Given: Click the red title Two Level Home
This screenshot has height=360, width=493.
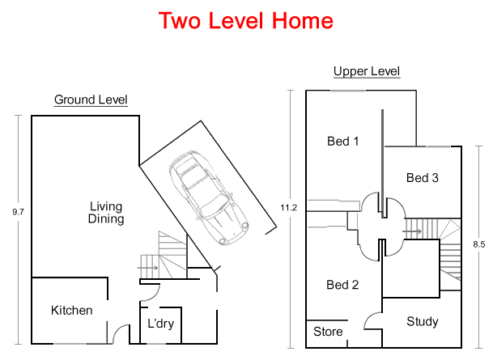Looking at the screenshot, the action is (246, 21).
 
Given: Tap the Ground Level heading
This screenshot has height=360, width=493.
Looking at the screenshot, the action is (91, 100).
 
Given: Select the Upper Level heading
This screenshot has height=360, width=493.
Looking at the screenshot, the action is (367, 71).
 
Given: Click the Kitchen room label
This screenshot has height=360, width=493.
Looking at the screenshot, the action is (72, 311).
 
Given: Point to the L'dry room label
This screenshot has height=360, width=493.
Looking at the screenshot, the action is (160, 324).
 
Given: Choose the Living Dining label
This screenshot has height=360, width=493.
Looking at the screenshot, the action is (106, 213).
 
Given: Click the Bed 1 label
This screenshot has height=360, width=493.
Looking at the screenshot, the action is (343, 142).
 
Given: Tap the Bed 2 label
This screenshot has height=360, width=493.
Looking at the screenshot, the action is (342, 285).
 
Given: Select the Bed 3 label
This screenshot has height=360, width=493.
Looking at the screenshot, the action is (423, 178).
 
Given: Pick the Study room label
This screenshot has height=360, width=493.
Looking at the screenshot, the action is (423, 321).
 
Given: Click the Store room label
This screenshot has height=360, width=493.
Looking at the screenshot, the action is (328, 332).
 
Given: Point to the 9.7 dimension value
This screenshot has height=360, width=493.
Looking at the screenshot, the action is (18, 212).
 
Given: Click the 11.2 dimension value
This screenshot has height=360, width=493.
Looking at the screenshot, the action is (289, 208).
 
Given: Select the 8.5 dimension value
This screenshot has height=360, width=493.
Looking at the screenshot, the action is (479, 244).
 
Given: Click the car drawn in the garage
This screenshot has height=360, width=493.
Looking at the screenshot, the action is (209, 197).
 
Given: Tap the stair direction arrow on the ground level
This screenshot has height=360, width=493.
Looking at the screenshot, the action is (148, 268).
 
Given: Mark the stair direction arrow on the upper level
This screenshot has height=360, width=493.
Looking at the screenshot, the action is (412, 231).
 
